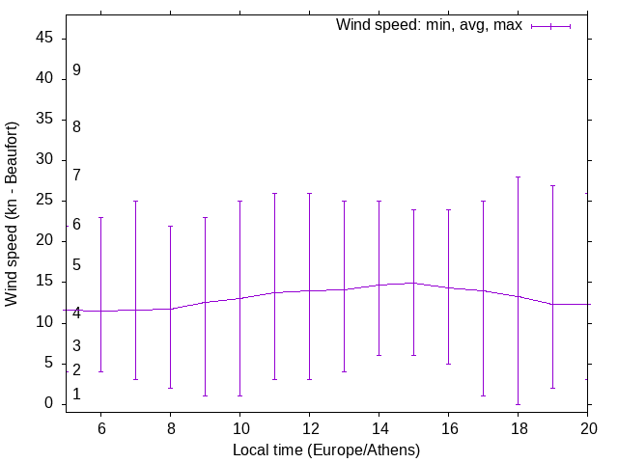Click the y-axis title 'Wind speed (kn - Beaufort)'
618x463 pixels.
coord(12,214)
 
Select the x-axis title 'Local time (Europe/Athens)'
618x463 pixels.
coord(326,449)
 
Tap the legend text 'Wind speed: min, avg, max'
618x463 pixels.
coord(429,25)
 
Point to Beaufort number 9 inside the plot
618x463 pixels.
coord(76,70)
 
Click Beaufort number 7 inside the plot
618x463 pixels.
coord(76,176)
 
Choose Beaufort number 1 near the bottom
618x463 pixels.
coord(76,395)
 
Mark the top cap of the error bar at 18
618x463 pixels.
coord(518,177)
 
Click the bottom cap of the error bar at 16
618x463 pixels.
coord(448,364)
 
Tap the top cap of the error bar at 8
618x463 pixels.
coord(170,226)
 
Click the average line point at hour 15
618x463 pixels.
coord(413,283)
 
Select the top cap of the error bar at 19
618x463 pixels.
coord(552,185)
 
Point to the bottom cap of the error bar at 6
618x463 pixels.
coord(100,371)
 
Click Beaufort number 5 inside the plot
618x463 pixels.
coord(76,265)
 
